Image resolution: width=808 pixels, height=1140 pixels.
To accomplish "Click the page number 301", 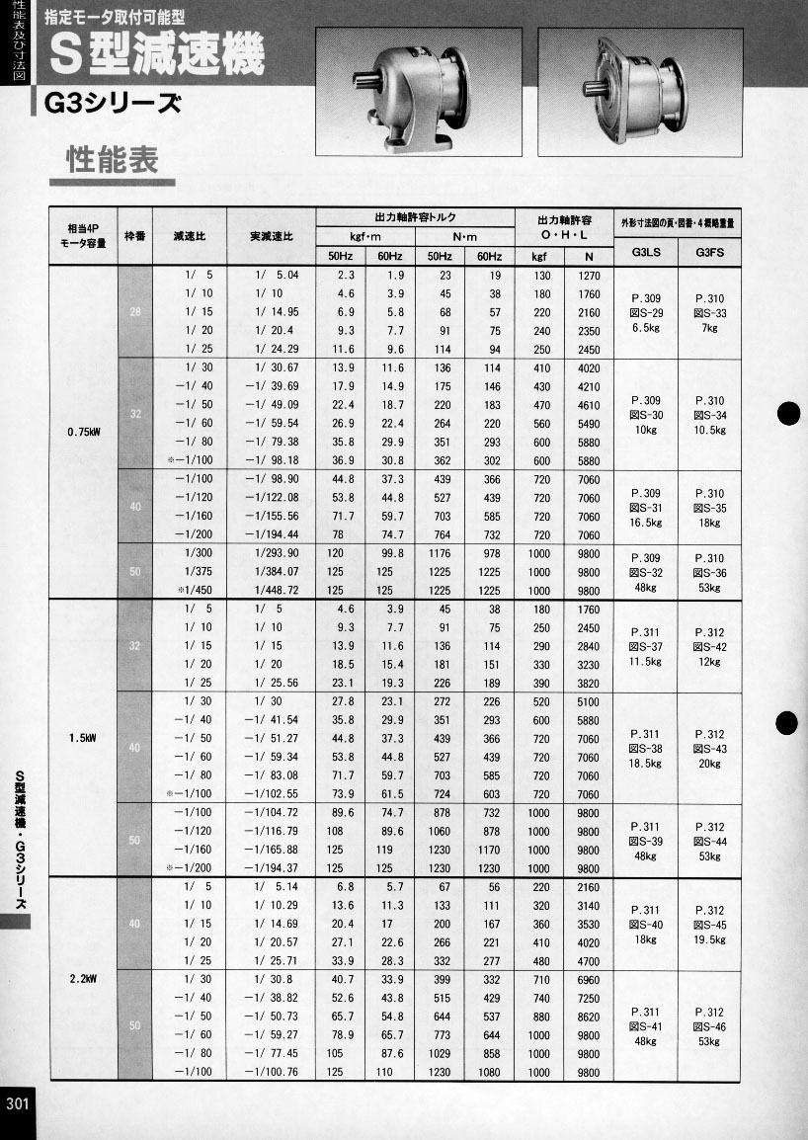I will pos(17,1103).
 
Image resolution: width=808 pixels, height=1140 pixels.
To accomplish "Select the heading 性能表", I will pos(112,160).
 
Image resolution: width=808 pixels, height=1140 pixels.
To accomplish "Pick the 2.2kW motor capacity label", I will pos(82,980).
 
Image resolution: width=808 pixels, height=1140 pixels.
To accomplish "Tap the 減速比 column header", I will pos(189,237).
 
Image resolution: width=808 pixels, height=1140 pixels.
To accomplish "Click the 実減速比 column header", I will pos(271,237).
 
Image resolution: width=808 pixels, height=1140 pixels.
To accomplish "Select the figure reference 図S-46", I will pos(709,1027).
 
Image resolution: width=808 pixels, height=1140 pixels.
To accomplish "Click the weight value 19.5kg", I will pos(709,940).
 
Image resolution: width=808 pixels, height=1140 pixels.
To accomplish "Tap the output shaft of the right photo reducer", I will pos(594,89).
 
